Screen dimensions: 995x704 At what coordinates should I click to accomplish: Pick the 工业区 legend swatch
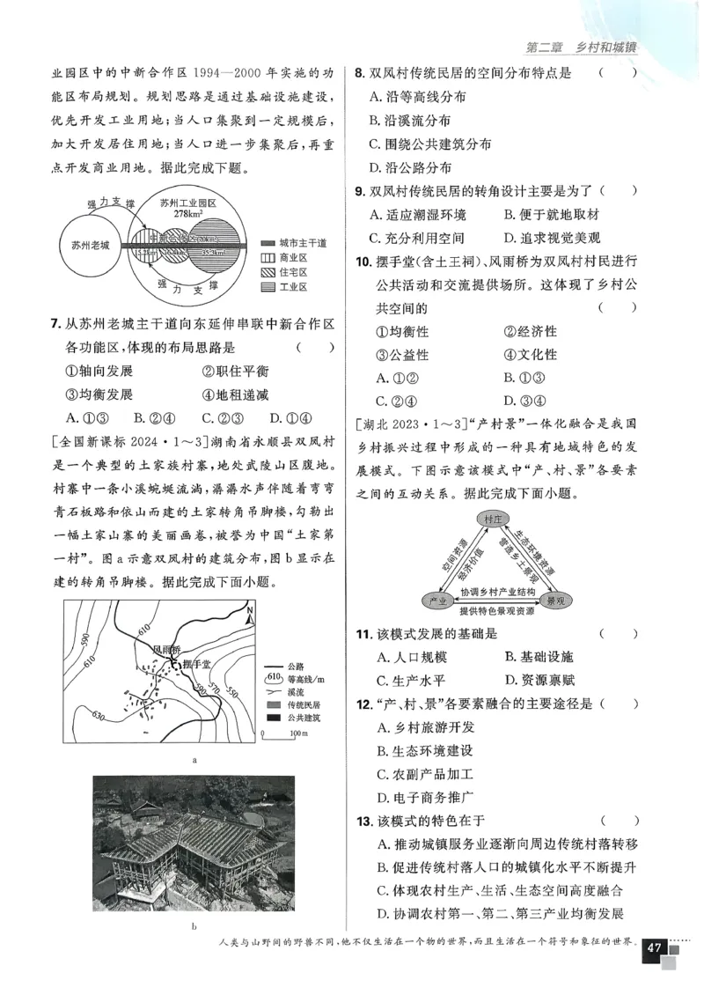(271, 287)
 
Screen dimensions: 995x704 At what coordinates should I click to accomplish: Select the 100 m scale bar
(279, 731)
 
